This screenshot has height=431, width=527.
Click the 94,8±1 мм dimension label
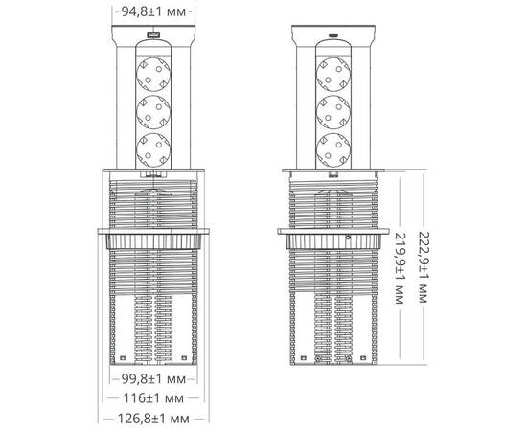tap(151, 13)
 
